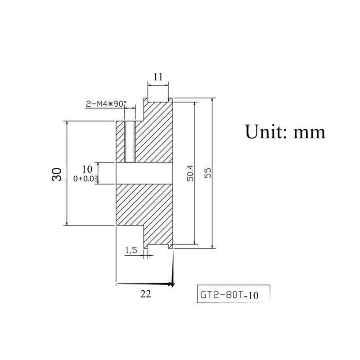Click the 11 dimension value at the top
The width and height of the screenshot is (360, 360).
click(x=158, y=76)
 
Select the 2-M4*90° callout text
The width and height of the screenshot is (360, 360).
click(x=106, y=104)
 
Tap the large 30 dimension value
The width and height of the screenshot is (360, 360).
click(x=57, y=175)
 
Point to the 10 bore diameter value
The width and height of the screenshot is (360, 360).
click(x=87, y=169)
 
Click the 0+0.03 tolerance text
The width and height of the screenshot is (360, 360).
click(x=85, y=179)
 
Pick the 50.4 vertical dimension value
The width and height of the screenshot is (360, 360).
click(x=190, y=173)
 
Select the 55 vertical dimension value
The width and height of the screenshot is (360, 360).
click(x=207, y=173)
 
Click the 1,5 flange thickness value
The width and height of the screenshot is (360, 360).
click(x=131, y=250)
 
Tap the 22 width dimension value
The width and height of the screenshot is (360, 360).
click(x=146, y=294)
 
